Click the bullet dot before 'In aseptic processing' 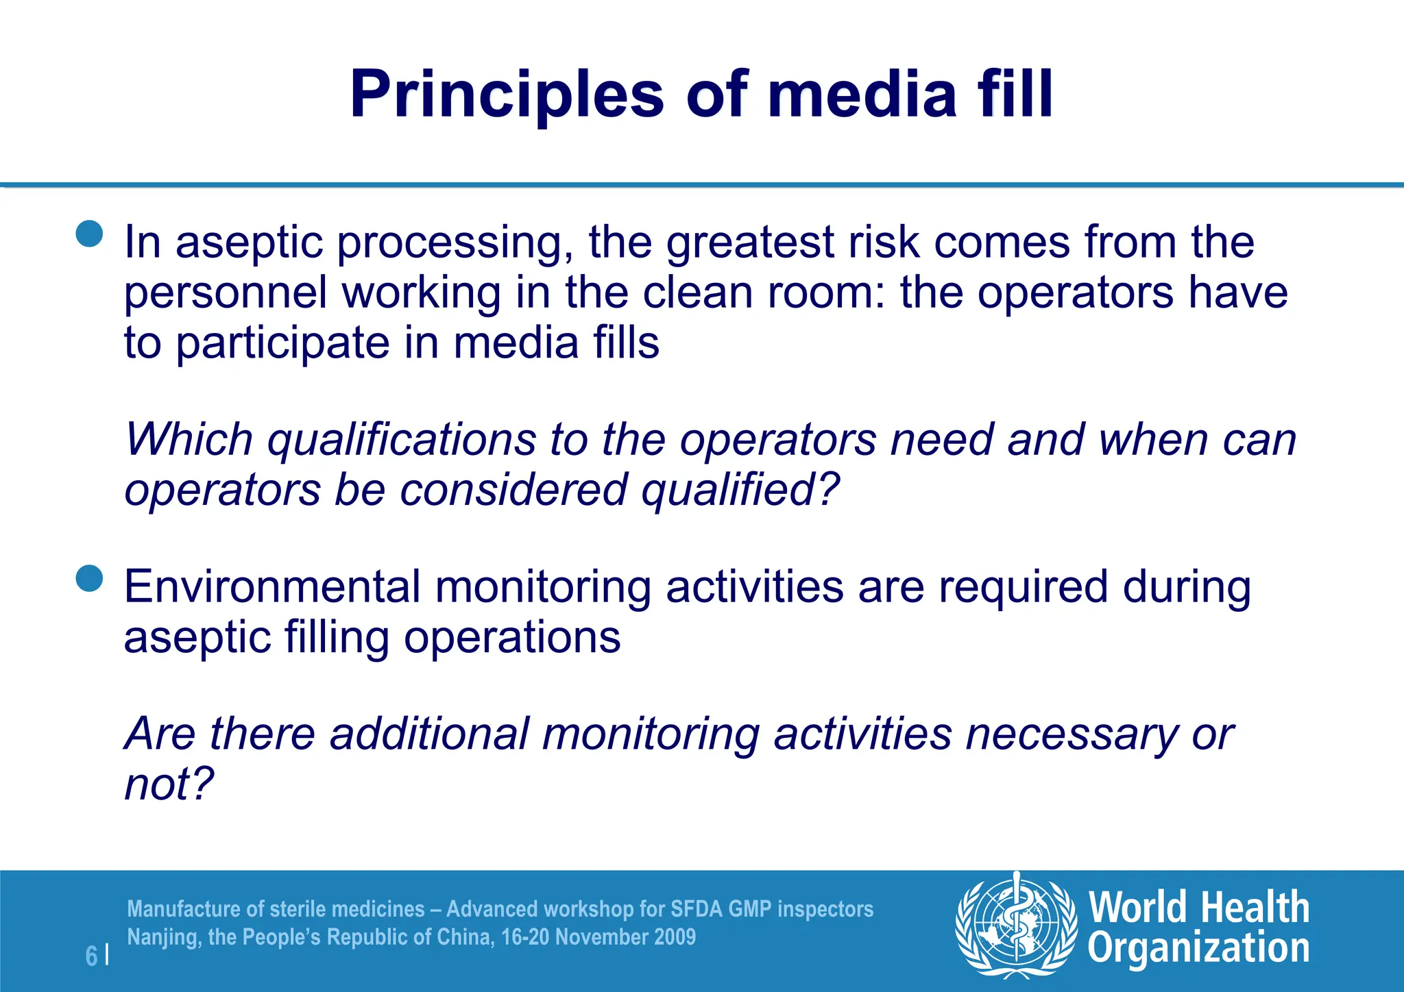coord(89,234)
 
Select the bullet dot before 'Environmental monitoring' coord(89,578)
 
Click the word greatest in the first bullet coord(750,243)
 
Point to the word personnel coord(226,293)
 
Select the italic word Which coord(189,439)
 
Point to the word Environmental coord(271,587)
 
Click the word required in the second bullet coord(1023,588)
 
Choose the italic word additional coord(429,734)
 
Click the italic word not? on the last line coord(169,784)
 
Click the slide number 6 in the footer coord(91,956)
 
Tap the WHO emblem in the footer coord(1016,924)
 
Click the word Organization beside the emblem coord(1198,949)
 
